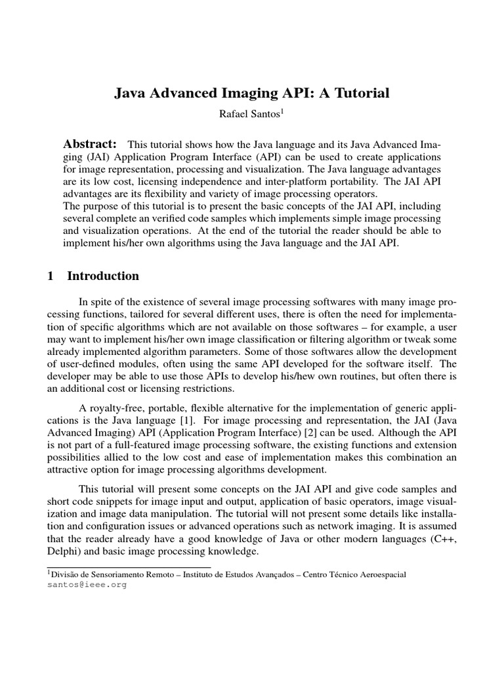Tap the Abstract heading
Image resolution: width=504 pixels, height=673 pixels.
[90, 144]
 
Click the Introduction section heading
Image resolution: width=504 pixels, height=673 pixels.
[103, 276]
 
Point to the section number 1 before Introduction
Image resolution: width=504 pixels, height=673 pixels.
[51, 276]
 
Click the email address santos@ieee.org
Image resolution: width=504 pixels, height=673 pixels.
[86, 584]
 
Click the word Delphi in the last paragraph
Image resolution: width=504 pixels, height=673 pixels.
[64, 551]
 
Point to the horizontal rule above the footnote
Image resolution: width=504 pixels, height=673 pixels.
[129, 566]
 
